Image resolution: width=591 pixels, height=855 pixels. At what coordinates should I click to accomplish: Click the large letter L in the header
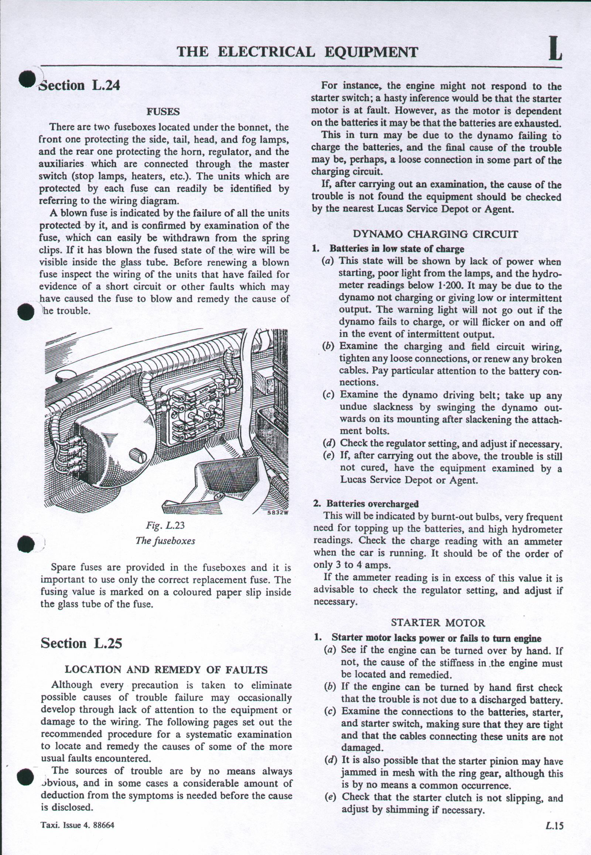pyautogui.click(x=555, y=49)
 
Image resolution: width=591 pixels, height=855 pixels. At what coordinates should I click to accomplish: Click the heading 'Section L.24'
pyautogui.click(x=80, y=86)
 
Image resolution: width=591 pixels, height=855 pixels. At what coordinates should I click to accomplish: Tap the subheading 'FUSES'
pyautogui.click(x=163, y=112)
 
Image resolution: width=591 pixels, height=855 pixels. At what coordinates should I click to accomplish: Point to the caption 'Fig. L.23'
pyautogui.click(x=165, y=526)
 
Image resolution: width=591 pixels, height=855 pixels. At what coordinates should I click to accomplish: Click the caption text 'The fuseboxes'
pyautogui.click(x=165, y=540)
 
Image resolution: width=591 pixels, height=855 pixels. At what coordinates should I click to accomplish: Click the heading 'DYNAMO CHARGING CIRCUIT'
pyautogui.click(x=435, y=234)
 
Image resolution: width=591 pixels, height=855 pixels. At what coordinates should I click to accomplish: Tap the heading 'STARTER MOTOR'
pyautogui.click(x=438, y=622)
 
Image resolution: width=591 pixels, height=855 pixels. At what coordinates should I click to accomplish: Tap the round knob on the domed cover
pyautogui.click(x=138, y=457)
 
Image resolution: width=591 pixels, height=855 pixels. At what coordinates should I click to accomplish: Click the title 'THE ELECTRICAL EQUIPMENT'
pyautogui.click(x=297, y=52)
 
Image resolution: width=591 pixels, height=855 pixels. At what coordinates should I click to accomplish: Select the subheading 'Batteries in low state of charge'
pyautogui.click(x=397, y=249)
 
